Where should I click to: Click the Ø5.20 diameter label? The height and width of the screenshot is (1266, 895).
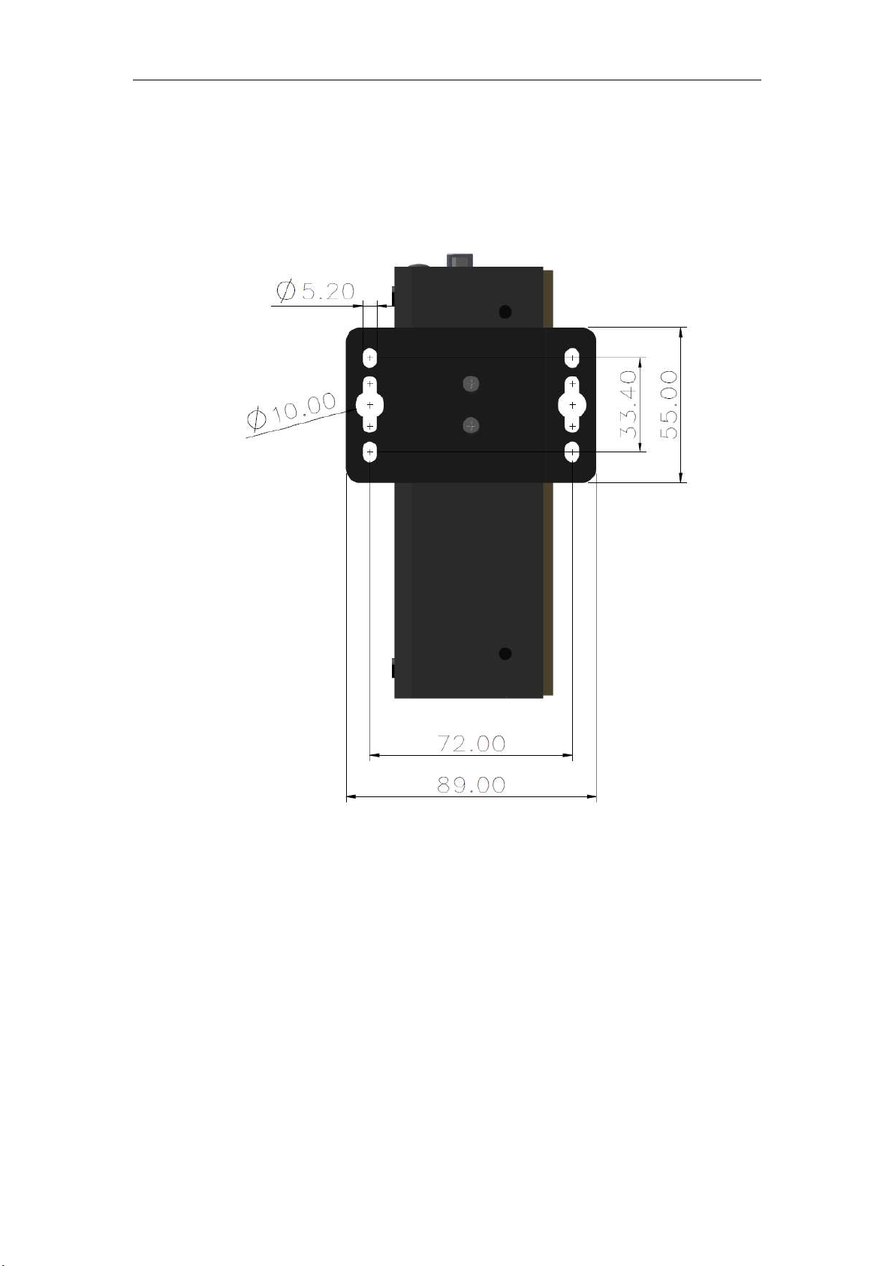pyautogui.click(x=315, y=291)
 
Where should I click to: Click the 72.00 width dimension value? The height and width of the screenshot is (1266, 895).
pyautogui.click(x=472, y=743)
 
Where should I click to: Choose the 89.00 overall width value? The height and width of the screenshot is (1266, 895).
pyautogui.click(x=472, y=784)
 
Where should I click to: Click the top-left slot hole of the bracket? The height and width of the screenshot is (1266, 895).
pyautogui.click(x=370, y=357)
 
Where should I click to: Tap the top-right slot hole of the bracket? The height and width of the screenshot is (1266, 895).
pyautogui.click(x=573, y=357)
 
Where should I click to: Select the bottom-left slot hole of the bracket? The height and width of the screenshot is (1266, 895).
pyautogui.click(x=370, y=452)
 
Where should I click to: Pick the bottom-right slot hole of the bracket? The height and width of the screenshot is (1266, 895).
pyautogui.click(x=573, y=452)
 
